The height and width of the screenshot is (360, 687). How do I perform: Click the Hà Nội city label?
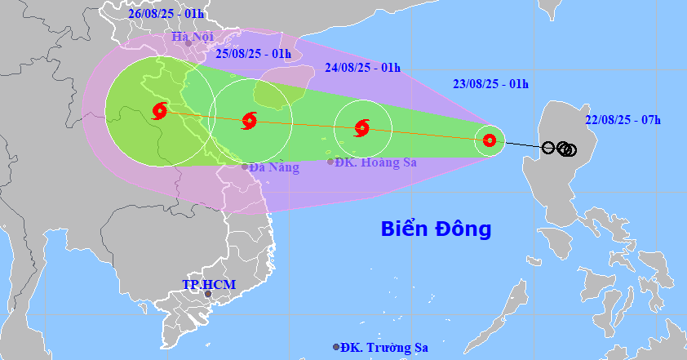pyautogui.click(x=192, y=37)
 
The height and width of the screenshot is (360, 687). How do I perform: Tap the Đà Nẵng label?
pyautogui.click(x=274, y=167)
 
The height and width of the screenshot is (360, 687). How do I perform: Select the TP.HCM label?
pyautogui.click(x=208, y=286)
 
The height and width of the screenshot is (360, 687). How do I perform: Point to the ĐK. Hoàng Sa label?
pyautogui.click(x=378, y=162)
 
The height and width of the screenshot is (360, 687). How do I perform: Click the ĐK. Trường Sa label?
pyautogui.click(x=385, y=348)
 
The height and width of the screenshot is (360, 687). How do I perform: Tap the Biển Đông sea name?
pyautogui.click(x=436, y=229)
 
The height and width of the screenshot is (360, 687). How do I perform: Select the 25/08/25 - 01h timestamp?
pyautogui.click(x=254, y=54)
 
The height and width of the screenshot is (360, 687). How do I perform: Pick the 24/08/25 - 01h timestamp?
pyautogui.click(x=363, y=68)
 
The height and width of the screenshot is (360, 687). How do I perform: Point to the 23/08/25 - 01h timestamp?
pyautogui.click(x=491, y=83)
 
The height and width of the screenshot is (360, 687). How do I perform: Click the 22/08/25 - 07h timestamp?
pyautogui.click(x=623, y=120)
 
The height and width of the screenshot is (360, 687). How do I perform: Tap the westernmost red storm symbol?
pyautogui.click(x=159, y=110)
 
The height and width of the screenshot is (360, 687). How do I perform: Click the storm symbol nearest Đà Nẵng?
pyautogui.click(x=250, y=122)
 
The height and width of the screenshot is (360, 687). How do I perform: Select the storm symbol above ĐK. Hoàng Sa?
pyautogui.click(x=362, y=127)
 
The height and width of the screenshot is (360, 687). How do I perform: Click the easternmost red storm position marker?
pyautogui.click(x=490, y=140)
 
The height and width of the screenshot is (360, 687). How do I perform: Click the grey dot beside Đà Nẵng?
pyautogui.click(x=244, y=167)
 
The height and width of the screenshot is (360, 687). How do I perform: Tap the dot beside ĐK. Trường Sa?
pyautogui.click(x=336, y=347)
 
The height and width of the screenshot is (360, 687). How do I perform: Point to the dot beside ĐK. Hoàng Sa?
pyautogui.click(x=330, y=162)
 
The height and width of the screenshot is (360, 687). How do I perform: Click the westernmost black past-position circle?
pyautogui.click(x=548, y=148)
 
